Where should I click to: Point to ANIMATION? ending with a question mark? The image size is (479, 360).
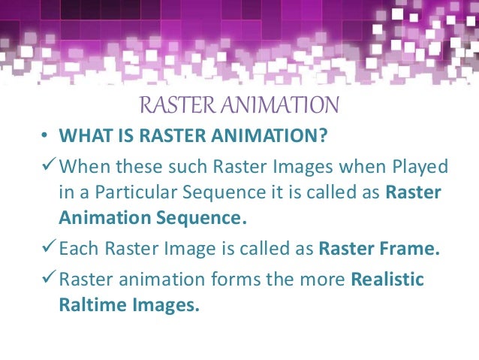click(279, 137)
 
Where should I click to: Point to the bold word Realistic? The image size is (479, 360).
click(388, 280)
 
